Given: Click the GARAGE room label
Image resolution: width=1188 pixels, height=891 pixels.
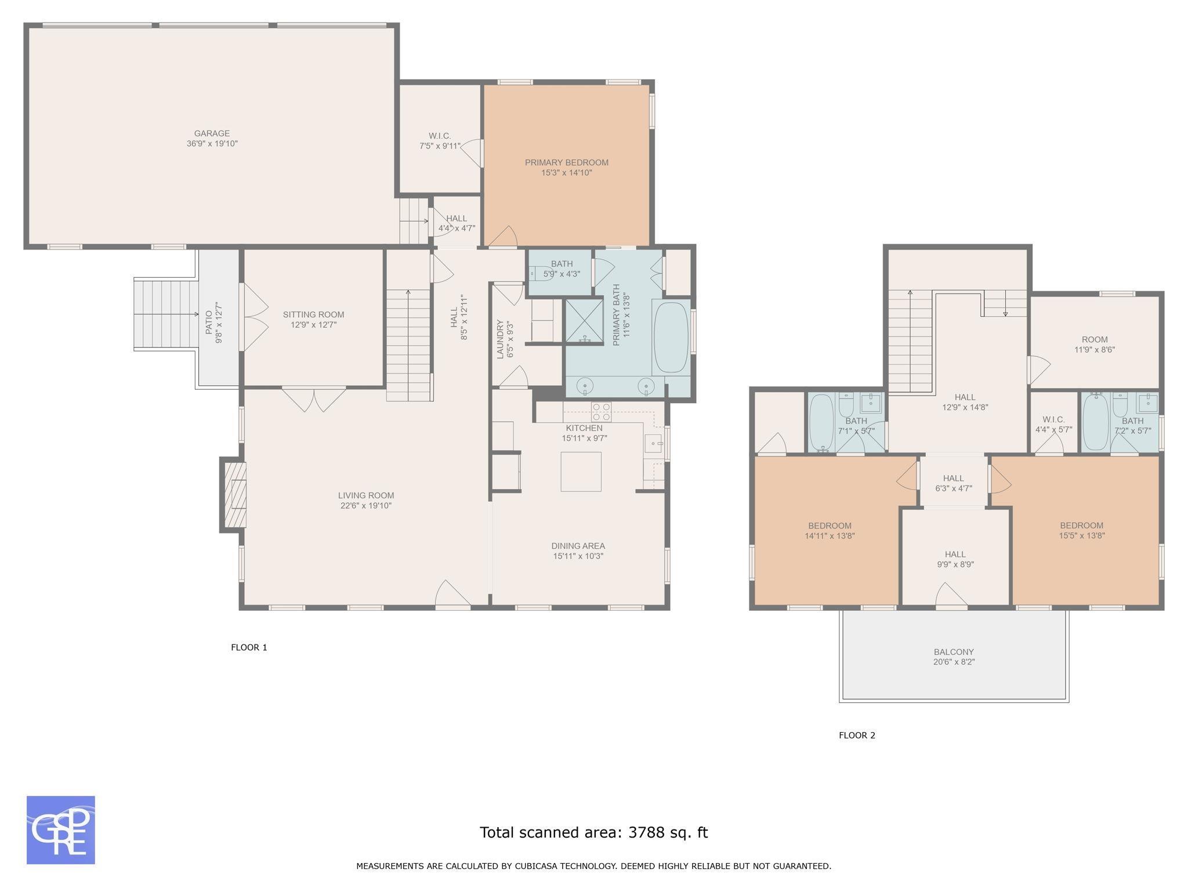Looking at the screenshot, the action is click(212, 133).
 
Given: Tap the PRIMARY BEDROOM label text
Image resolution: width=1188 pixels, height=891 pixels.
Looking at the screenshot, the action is click(566, 162).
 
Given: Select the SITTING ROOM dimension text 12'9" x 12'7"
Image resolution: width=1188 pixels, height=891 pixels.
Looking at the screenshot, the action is click(313, 325).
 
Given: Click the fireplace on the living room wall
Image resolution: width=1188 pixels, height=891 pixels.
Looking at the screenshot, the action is click(233, 494).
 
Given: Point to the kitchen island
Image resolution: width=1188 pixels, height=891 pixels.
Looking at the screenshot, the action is click(581, 472).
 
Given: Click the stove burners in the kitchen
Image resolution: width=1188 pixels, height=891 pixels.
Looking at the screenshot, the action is click(601, 411).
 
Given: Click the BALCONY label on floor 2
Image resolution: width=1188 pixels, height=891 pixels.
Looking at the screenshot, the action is click(954, 652).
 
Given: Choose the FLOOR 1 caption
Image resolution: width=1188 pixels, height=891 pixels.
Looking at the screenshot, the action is click(249, 647).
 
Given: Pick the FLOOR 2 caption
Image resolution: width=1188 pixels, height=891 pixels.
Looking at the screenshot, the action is click(857, 736).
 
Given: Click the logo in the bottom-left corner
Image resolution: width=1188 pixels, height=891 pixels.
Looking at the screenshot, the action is click(61, 830).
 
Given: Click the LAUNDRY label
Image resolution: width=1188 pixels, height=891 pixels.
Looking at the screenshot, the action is click(500, 339).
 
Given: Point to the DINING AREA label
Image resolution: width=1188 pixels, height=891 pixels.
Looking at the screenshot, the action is click(578, 546).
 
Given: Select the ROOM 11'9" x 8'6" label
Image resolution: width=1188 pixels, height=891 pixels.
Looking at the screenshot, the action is click(1095, 345).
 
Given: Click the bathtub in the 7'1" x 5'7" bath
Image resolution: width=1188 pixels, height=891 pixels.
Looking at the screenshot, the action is click(821, 422).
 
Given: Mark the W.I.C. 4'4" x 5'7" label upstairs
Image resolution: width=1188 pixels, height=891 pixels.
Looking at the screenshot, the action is click(1053, 425).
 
